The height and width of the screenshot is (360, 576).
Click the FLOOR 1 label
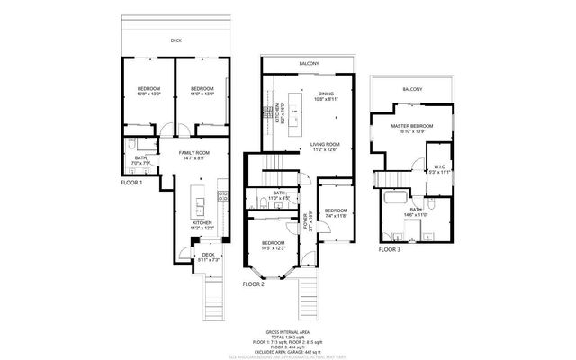tap(132, 183)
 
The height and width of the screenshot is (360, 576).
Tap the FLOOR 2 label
tap(253, 283)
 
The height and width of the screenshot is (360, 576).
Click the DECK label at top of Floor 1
tap(176, 40)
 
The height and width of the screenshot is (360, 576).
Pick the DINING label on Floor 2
tap(325, 93)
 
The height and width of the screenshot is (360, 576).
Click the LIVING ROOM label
tap(324, 145)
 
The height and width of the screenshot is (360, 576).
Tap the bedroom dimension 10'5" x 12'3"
tap(273, 247)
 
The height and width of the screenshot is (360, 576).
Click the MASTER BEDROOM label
tap(416, 129)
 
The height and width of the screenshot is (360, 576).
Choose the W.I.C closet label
tap(436, 168)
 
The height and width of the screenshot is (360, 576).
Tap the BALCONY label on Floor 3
tap(412, 89)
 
